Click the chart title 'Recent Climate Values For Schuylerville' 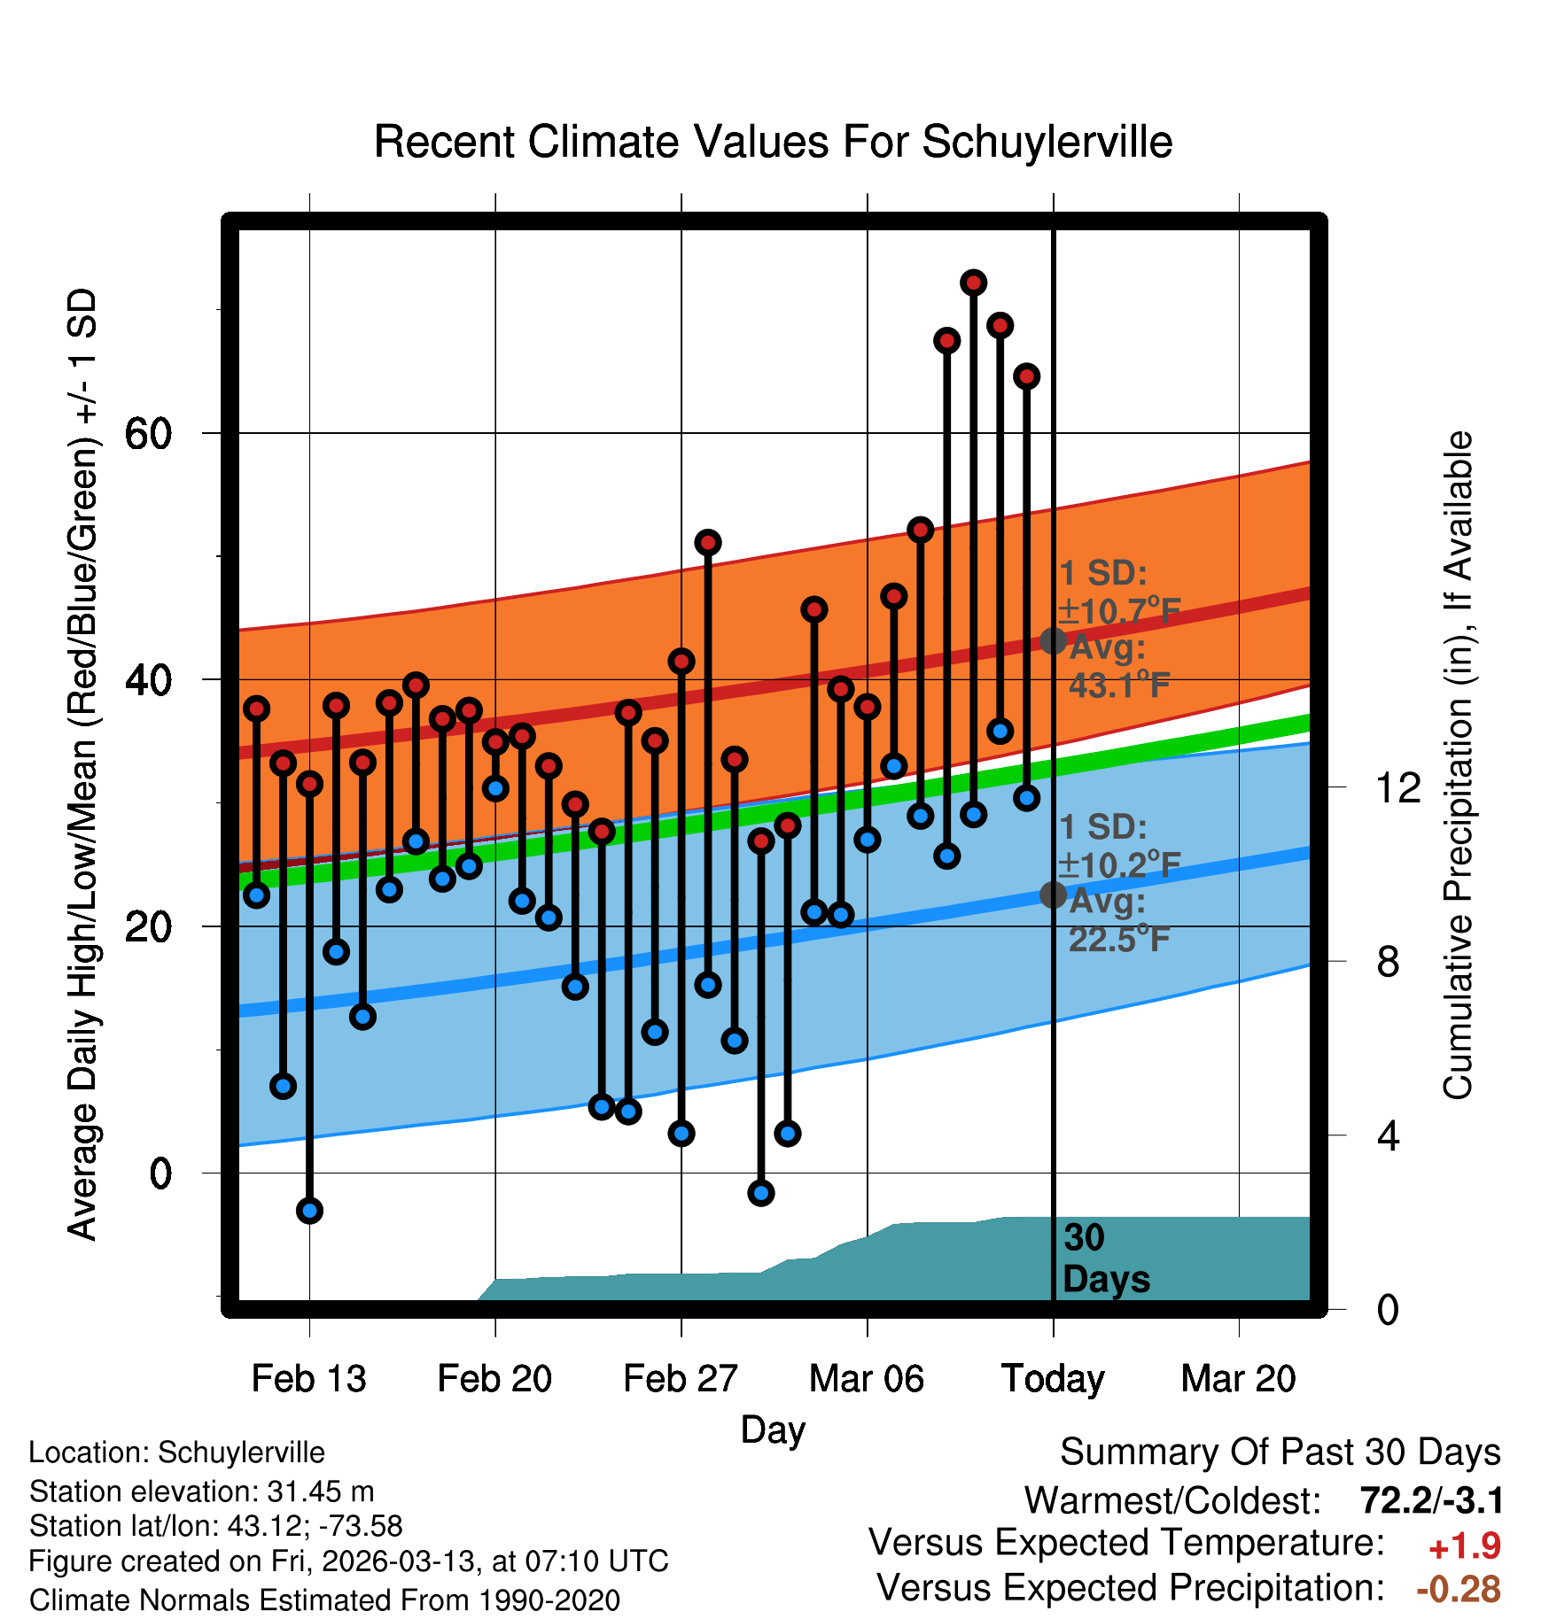(773, 142)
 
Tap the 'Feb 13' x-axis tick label (308, 1379)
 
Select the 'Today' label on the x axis (1053, 1379)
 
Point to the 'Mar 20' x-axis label (1238, 1379)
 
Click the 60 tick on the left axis (148, 434)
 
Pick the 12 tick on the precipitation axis (1397, 787)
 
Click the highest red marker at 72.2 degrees (974, 283)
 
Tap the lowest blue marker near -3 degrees (309, 1211)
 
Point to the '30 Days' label (1105, 1259)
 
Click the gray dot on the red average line (1053, 640)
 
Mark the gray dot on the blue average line (1053, 895)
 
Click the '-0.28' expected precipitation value (1458, 1589)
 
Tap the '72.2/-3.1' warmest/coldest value (1431, 1500)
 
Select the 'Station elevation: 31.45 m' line (201, 1491)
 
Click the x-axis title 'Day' (773, 1429)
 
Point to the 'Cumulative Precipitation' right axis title (1458, 765)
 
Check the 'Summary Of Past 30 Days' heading (1280, 1452)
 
